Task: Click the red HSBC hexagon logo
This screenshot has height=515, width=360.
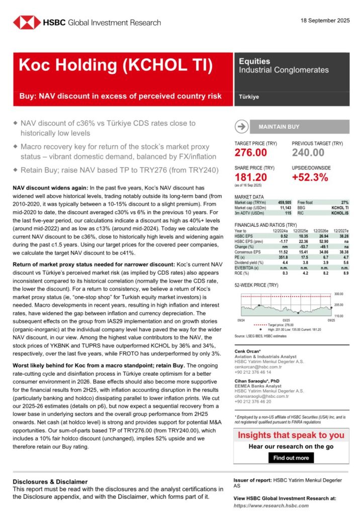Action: (27, 22)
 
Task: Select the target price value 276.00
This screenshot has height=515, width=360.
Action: (251, 152)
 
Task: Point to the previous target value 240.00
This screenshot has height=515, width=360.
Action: (308, 152)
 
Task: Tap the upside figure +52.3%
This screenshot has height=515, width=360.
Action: (310, 177)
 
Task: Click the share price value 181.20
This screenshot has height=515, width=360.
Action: (251, 177)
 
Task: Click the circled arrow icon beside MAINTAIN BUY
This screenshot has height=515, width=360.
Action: (241, 127)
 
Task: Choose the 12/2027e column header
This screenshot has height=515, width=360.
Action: (339, 230)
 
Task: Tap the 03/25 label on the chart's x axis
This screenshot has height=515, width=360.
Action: (286, 320)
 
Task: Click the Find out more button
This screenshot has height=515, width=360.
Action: (291, 458)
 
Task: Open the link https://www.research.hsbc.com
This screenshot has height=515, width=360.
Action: (272, 505)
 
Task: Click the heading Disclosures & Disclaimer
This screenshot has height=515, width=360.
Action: (50, 481)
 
